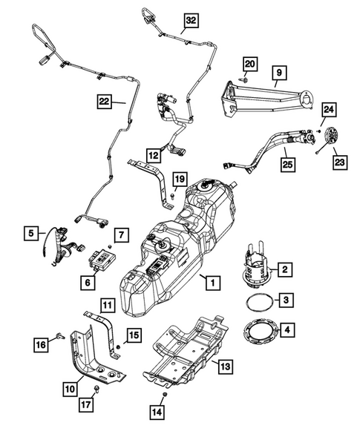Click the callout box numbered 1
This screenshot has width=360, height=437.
point(212,282)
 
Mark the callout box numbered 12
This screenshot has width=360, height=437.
point(153,155)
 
